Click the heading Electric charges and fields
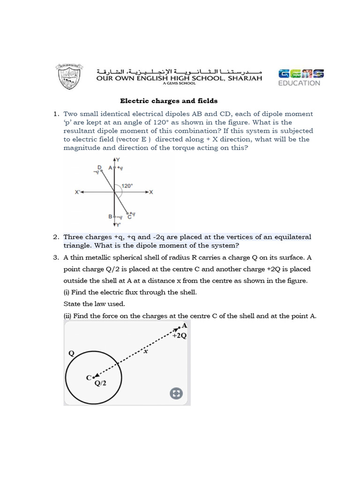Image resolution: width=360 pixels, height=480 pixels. coord(169,101)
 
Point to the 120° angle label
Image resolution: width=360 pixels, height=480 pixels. coord(127,186)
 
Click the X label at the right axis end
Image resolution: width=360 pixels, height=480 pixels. coord(151,192)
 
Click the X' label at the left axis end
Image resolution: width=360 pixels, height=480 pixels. coord(78,192)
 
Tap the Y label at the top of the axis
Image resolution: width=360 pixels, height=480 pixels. coord(118,160)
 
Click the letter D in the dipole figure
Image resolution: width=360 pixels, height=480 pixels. coord(99,167)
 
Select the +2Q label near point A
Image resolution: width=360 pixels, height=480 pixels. coord(179,336)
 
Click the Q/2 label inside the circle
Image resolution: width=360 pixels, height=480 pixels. coord(101,383)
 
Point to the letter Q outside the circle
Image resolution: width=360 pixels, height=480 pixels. coord(71,353)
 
